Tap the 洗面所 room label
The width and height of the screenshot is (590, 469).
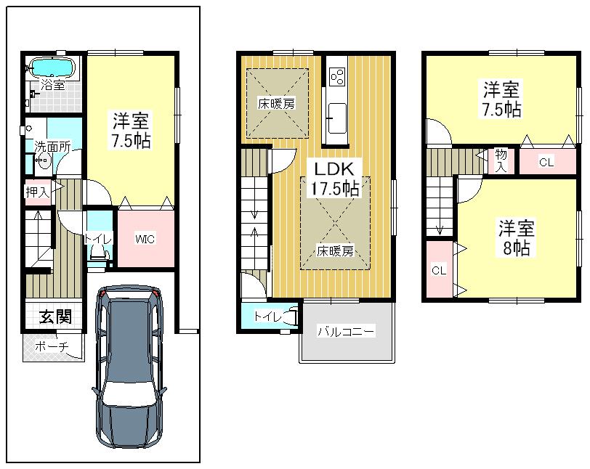(x=53, y=146)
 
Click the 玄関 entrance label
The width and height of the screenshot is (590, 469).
(x=55, y=317)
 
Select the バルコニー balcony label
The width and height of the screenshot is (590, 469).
(x=346, y=332)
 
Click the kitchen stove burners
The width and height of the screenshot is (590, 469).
(x=338, y=75)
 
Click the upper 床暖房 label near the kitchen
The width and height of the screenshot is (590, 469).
(x=277, y=104)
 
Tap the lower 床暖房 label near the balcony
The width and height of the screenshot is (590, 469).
(x=335, y=252)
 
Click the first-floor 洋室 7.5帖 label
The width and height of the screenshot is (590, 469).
(x=131, y=130)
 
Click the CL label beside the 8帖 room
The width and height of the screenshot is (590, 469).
(x=438, y=270)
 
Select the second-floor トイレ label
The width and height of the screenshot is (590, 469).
(x=267, y=317)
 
